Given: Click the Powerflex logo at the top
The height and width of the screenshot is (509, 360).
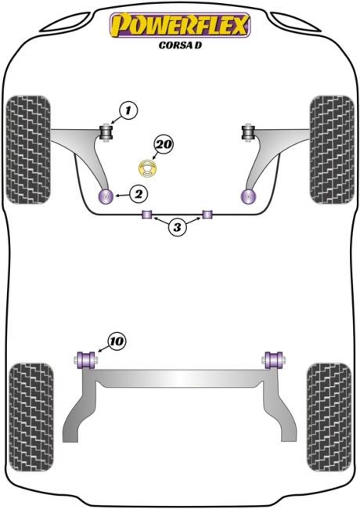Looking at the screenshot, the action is click(180, 25).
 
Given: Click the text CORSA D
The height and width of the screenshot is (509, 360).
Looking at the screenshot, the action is click(180, 45).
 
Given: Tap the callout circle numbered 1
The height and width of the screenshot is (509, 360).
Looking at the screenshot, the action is click(128, 111).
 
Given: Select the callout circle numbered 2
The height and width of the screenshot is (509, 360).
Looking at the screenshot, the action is click(139, 194).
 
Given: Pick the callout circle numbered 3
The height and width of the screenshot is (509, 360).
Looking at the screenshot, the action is click(177, 227).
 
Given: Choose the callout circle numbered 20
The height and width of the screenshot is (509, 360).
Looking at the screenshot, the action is click(164, 144).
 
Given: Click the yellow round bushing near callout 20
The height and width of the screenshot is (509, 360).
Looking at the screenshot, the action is click(148, 168).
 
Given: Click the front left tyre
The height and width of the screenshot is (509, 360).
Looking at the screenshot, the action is click(28, 150).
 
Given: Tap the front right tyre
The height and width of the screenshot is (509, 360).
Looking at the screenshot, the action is click(332, 150).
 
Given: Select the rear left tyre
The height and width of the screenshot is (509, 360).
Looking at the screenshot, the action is click(31, 417).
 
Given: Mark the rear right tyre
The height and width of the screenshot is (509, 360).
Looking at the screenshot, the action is click(329, 417).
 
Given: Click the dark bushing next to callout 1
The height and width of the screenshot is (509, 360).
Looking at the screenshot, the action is click(106, 132).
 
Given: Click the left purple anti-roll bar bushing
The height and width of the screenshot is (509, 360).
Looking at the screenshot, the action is click(147, 215).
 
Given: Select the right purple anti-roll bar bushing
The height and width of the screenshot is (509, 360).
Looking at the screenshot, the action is click(207, 215).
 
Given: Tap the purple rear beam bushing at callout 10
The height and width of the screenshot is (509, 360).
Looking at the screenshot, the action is click(85, 359).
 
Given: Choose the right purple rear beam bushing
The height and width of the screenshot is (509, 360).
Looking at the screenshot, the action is click(275, 359).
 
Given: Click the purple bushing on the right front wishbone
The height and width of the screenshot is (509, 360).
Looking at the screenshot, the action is click(249, 197).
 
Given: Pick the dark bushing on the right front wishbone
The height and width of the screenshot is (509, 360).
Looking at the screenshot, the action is click(248, 132).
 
